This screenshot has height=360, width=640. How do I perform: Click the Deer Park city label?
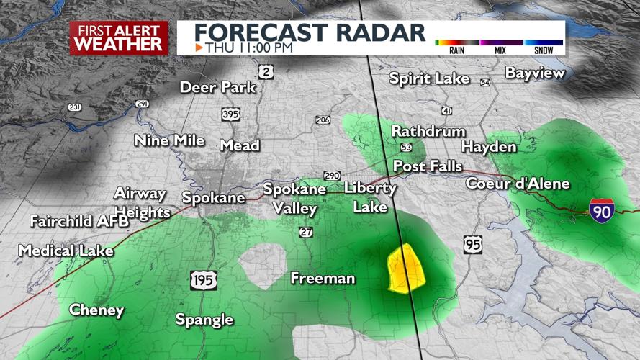[218, 87]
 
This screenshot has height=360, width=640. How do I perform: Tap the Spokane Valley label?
[294, 199]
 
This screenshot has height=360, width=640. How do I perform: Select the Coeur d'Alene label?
[518, 184]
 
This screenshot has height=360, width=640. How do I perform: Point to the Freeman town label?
[323, 278]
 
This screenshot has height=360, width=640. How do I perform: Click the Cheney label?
[96, 310]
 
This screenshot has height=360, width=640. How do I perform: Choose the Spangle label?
[205, 320]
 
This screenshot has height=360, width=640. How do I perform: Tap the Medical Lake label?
[66, 251]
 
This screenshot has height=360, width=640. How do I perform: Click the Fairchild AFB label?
[79, 221]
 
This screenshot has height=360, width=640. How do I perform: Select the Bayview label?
[535, 73]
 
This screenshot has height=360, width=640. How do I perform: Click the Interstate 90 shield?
[600, 210]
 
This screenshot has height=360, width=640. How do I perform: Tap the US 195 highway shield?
[204, 280]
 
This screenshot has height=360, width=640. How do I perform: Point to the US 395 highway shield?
[231, 115]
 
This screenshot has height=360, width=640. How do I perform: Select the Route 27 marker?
[306, 232]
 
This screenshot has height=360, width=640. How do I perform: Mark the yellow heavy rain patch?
[405, 268]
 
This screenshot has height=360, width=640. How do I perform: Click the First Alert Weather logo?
[119, 37]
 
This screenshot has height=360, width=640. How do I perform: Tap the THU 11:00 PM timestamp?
[248, 48]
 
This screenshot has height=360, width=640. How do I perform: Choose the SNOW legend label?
[544, 50]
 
